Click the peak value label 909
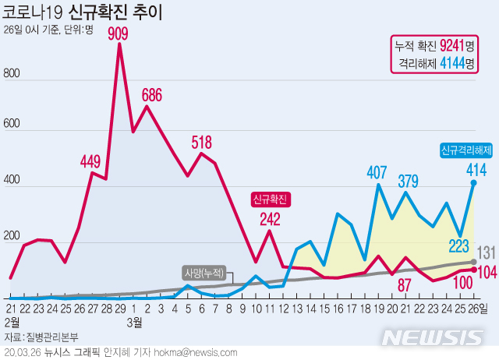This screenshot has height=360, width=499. point(119,34)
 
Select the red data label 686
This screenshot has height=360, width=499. point(152,95)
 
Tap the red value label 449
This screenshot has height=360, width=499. point(90,162)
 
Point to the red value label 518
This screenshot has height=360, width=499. point(202,142)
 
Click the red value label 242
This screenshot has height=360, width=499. point(271,219)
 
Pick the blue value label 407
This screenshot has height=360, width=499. point(377,172)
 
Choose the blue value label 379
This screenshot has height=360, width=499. point(408,181)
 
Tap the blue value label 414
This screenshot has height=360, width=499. point(476,170)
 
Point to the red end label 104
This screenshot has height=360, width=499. point(487,272)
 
